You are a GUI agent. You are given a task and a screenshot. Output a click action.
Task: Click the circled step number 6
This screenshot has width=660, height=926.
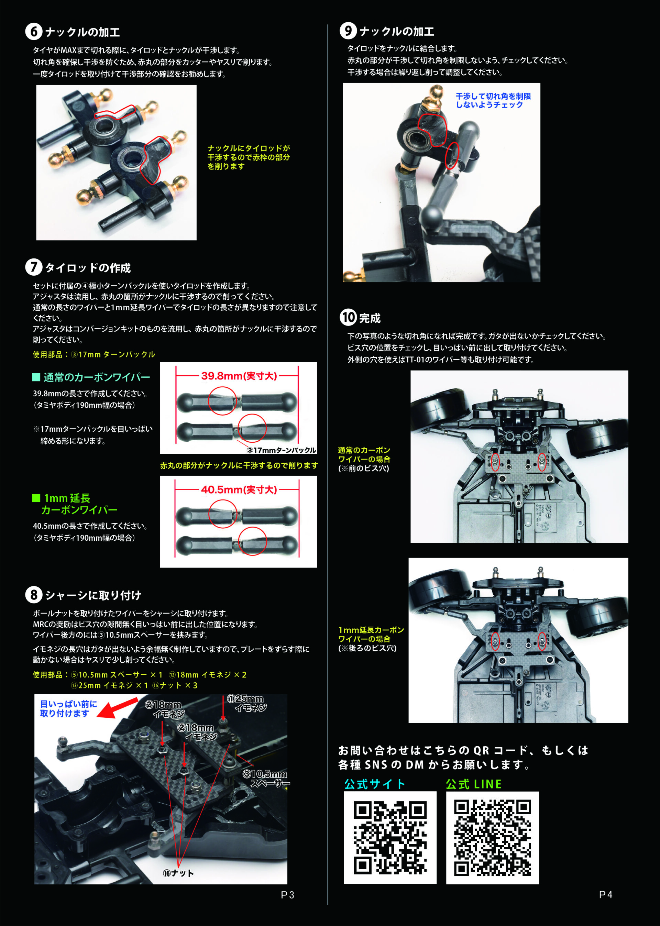point(34,31)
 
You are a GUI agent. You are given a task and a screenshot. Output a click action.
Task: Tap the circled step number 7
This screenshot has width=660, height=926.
point(34,267)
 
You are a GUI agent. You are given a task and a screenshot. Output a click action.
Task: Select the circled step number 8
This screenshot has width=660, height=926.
point(34,595)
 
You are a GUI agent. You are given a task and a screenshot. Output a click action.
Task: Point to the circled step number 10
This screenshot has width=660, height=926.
point(348,317)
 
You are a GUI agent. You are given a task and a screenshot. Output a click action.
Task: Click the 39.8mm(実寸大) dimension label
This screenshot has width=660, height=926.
point(239,376)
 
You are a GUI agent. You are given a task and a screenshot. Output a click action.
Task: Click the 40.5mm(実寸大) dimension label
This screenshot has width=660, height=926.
point(239,489)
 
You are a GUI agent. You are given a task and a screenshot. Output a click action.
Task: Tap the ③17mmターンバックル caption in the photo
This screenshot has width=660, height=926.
point(281,450)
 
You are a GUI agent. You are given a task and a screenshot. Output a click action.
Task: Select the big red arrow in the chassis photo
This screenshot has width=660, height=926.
point(118,707)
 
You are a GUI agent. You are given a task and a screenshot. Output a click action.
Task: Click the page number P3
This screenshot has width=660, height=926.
point(287,895)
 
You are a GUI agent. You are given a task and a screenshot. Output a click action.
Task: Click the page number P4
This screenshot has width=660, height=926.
point(606,895)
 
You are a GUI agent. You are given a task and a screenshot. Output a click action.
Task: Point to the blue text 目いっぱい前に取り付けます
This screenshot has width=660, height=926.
point(68,709)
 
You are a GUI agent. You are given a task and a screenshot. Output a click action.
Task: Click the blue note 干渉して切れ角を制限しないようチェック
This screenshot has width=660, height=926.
point(493,100)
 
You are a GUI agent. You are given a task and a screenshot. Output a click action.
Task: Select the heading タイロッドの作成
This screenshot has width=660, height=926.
point(88,268)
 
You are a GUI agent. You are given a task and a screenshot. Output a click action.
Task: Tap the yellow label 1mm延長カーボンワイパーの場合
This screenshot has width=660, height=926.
point(371,634)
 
